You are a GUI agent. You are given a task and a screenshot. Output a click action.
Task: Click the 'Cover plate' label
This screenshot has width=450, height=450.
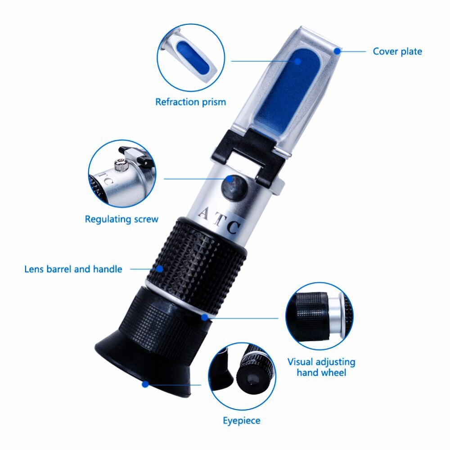click(x=397, y=51)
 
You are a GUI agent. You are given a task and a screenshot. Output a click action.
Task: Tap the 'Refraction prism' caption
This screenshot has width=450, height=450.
click(x=190, y=102)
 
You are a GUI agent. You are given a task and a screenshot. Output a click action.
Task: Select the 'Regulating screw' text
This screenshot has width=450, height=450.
click(x=121, y=219)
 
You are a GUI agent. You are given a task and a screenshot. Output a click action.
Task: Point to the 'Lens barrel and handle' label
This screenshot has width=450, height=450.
click(x=73, y=269)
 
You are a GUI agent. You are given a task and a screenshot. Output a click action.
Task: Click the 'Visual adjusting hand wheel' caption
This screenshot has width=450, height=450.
click(x=321, y=367)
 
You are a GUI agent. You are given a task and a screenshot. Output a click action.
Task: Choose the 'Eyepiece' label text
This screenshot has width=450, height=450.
click(x=242, y=421)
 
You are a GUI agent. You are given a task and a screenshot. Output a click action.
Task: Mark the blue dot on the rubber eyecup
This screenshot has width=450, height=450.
click(x=145, y=384)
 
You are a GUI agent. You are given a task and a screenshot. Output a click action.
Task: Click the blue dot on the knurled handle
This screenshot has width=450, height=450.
click(x=161, y=269)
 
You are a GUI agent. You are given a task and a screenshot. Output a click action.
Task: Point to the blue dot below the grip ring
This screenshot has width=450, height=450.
click(x=205, y=317)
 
